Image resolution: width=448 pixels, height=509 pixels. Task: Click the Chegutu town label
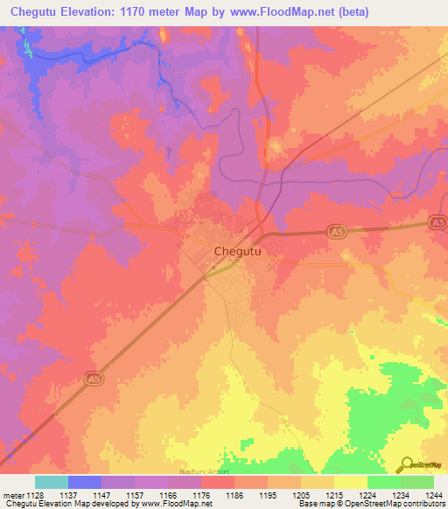point(238,251)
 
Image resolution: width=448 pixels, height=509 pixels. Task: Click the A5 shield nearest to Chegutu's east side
point(337,230)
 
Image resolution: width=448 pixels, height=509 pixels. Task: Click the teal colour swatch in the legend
point(51,482)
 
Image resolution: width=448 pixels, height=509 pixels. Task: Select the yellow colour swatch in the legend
point(350,482)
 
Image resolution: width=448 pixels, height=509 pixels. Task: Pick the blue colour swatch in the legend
point(84,482)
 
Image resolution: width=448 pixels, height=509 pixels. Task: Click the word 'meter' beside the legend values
point(14,495)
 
